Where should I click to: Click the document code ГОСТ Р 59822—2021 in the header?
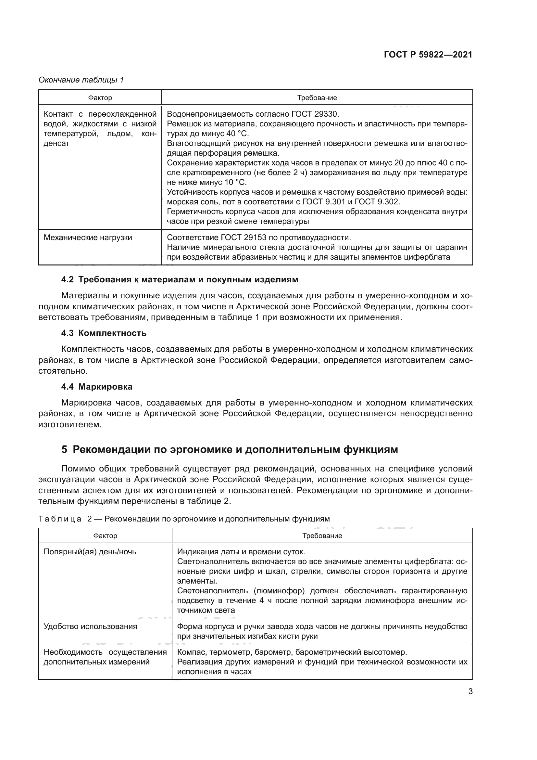coord(428,55)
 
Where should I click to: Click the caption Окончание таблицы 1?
coord(81,80)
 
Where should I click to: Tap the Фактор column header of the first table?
coord(100,98)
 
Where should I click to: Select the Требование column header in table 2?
coord(322,535)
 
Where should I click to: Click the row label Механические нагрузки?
coord(88,237)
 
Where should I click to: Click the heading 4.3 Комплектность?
coord(104,333)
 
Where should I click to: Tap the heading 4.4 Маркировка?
coord(96,387)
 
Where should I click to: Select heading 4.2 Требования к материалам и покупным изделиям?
coord(180,279)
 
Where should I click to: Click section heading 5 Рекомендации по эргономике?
coord(230,449)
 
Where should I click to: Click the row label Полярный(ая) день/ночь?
coord(90,551)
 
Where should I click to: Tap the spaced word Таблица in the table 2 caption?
coord(60,519)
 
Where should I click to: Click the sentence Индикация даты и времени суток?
coord(241,551)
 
